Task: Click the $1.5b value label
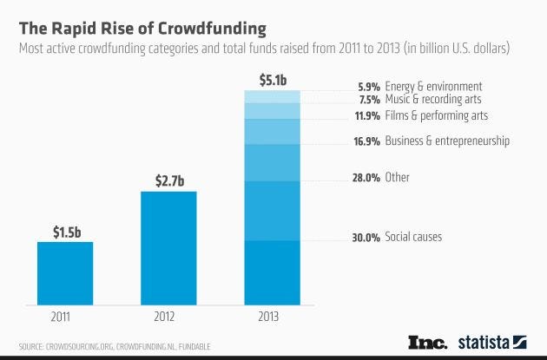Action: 65,232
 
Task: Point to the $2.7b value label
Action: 168,181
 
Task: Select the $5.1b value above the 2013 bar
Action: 271,80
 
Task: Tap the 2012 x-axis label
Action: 168,317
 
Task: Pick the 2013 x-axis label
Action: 271,317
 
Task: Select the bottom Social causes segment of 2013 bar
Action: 271,272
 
